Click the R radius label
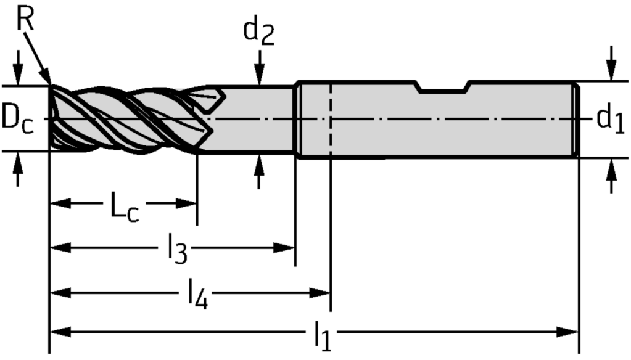pyautogui.click(x=25, y=19)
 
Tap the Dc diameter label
pyautogui.click(x=17, y=118)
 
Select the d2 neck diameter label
pyautogui.click(x=258, y=33)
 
